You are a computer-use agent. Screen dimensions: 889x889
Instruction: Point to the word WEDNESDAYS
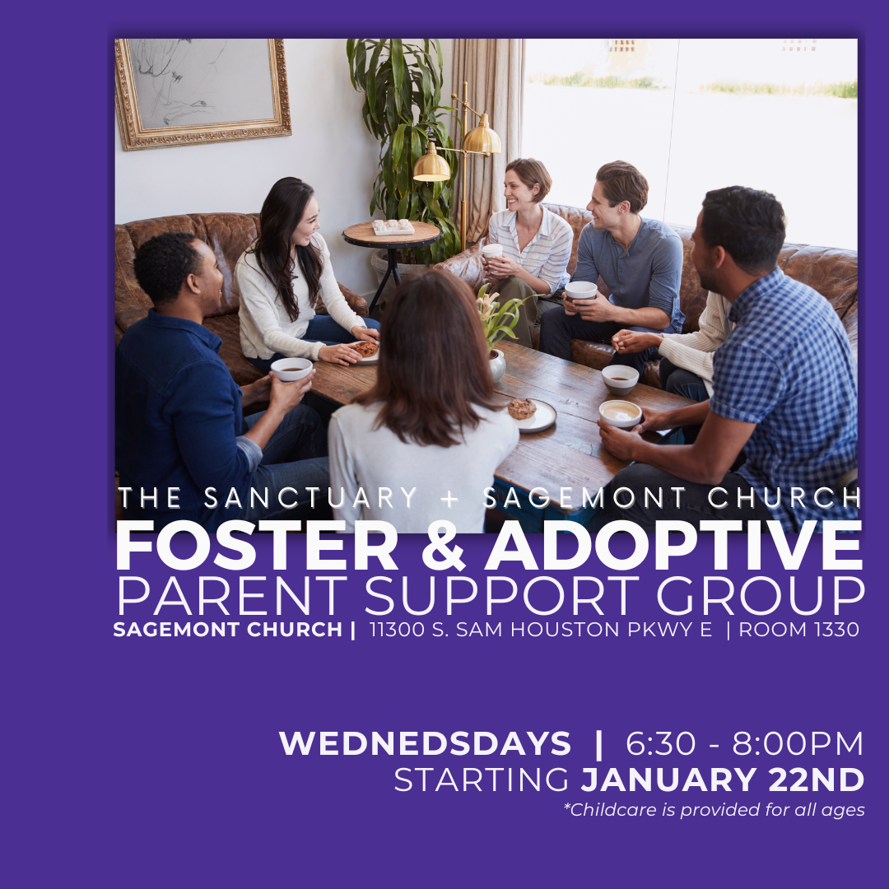(x=425, y=744)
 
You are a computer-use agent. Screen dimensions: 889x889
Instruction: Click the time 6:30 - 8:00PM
(x=745, y=744)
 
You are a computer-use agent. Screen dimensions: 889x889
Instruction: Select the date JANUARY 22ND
(x=723, y=780)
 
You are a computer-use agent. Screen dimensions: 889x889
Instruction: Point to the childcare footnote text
(x=714, y=810)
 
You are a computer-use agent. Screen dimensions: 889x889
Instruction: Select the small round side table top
(x=391, y=234)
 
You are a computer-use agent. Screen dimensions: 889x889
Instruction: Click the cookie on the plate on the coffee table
(x=521, y=408)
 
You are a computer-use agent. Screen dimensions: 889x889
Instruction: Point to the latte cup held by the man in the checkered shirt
(x=620, y=412)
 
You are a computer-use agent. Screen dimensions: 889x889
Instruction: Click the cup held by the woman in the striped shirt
(x=492, y=252)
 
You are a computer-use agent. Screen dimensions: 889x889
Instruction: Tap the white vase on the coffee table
(x=497, y=365)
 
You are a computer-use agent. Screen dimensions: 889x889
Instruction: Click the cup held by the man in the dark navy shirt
(x=291, y=369)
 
